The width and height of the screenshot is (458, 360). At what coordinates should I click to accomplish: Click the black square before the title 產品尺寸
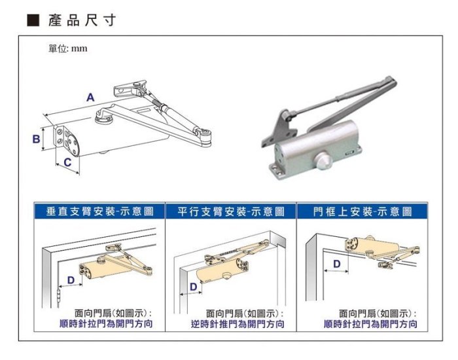click(33, 20)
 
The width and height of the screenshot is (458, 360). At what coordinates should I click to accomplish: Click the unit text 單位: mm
click(68, 48)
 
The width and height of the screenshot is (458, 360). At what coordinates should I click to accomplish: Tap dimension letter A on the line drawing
click(90, 98)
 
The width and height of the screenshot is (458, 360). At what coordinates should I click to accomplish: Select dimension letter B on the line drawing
click(36, 139)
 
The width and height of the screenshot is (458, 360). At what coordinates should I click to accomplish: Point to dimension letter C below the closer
click(67, 162)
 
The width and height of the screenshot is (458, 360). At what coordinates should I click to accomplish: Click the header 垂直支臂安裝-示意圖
click(99, 211)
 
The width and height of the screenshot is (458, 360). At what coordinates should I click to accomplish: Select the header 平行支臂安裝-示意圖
click(231, 211)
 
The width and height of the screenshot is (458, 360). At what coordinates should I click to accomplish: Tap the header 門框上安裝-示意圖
click(362, 211)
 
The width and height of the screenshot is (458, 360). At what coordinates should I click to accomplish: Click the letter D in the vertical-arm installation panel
click(71, 280)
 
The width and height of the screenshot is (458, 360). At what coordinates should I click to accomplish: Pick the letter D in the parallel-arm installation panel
click(194, 287)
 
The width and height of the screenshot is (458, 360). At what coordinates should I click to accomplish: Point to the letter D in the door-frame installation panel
click(337, 264)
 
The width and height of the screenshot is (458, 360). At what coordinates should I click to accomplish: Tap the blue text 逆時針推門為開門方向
click(238, 324)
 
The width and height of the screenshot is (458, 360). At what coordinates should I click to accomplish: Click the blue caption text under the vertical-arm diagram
click(106, 324)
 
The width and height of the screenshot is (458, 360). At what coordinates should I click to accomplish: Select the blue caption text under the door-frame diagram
click(370, 324)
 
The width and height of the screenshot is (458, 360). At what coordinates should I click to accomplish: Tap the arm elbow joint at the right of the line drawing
click(204, 137)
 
